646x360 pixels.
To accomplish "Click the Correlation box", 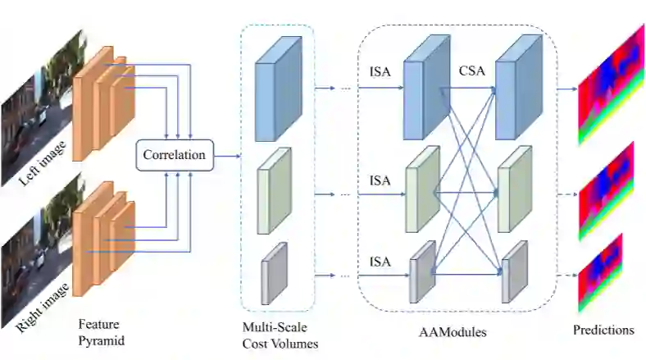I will point(174,153).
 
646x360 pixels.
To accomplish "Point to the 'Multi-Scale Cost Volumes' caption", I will point(276,335).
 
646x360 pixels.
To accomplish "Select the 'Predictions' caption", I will point(603,330).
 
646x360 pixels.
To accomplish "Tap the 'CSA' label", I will point(471,71).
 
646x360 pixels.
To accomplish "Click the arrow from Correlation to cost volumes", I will point(227,154).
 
